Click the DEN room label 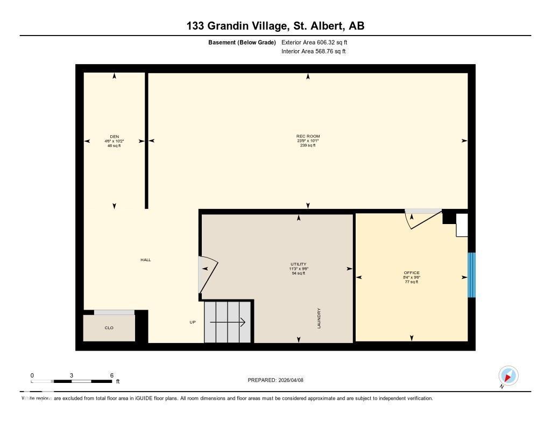tap(114, 137)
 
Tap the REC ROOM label tap(308, 137)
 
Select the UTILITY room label tap(298, 264)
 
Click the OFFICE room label tap(412, 273)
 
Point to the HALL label tap(146, 260)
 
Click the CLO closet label tap(109, 327)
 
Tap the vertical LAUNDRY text tap(319, 318)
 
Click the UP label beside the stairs tap(193, 323)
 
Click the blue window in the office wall tap(471, 275)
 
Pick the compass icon tap(508, 375)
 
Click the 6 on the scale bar tap(111, 375)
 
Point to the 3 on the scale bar tap(71, 375)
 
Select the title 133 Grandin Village tap(232, 26)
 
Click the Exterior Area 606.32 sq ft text tap(318, 42)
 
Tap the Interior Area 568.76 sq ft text tap(313, 52)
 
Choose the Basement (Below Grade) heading tap(242, 42)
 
